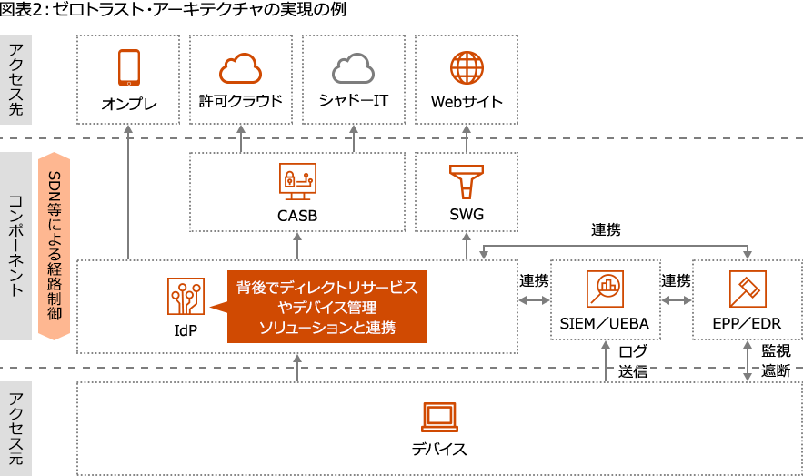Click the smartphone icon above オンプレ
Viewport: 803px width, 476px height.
point(128,67)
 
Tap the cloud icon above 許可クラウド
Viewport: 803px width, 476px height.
point(241,67)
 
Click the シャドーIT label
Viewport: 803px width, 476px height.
point(354,100)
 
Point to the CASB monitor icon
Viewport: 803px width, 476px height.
point(297,182)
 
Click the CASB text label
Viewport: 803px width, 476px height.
point(297,216)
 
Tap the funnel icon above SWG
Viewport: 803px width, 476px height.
point(466,181)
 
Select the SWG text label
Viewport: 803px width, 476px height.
point(467,216)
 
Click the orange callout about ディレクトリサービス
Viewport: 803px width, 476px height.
point(327,307)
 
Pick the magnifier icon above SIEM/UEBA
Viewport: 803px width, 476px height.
point(605,289)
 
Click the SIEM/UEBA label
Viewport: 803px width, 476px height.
point(605,324)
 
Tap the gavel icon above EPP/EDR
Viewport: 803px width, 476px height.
point(747,289)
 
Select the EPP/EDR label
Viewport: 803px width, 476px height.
point(748,324)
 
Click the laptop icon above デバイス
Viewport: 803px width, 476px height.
point(439,417)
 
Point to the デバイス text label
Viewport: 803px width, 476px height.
point(439,449)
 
